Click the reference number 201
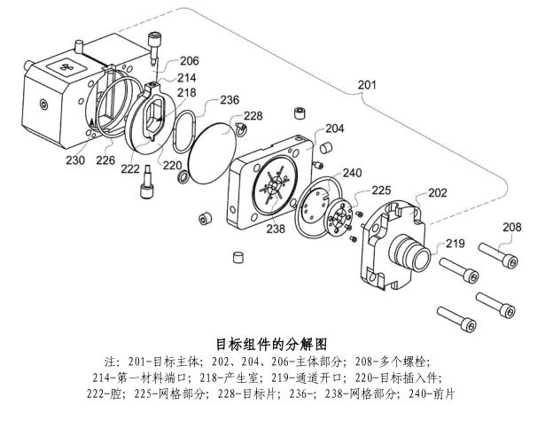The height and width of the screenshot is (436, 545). (366, 85)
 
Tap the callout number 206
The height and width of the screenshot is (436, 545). (189, 61)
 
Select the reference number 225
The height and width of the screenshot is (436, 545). (381, 190)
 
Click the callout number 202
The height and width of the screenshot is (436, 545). (438, 192)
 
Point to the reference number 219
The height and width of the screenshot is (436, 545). (455, 243)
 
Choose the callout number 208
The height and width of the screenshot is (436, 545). (512, 228)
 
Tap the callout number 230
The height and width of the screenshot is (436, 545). (74, 160)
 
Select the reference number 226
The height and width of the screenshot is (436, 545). (105, 160)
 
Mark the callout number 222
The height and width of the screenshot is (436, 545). (130, 168)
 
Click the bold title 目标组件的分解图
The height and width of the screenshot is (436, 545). (272, 343)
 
